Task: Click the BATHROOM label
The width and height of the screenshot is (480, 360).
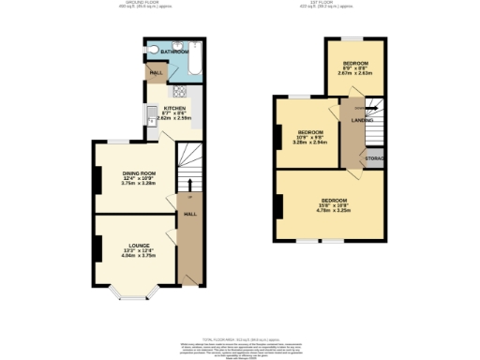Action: pyautogui.click(x=170, y=51)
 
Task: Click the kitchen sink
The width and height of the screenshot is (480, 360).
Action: pyautogui.click(x=151, y=116)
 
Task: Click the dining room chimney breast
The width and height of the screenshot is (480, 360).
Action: pyautogui.click(x=97, y=177)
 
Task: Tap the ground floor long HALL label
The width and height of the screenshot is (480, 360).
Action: pyautogui.click(x=189, y=215)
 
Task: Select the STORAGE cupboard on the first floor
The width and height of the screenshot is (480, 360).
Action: pyautogui.click(x=375, y=158)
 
